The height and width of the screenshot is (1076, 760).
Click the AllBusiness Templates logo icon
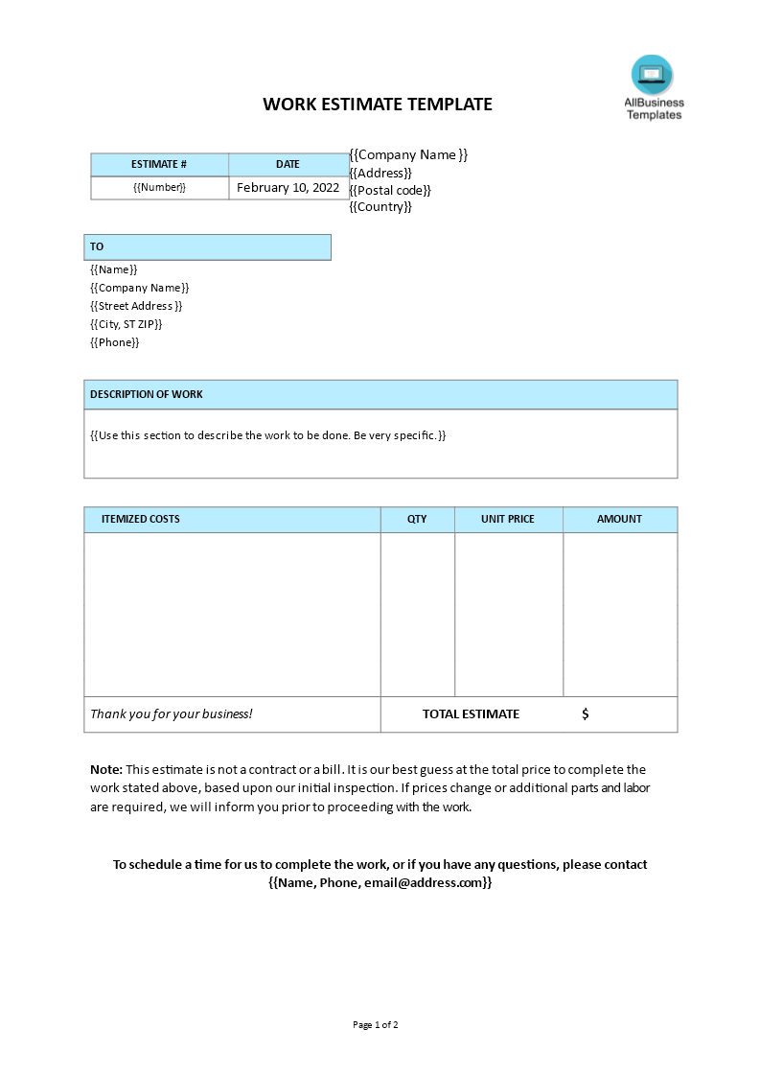click(653, 76)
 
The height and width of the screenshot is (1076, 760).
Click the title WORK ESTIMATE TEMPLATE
click(378, 105)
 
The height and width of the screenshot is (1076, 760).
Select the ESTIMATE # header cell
click(159, 164)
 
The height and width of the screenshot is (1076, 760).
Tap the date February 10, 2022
click(288, 188)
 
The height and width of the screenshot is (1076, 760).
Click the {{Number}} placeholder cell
click(159, 188)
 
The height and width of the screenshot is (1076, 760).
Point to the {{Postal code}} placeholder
click(390, 190)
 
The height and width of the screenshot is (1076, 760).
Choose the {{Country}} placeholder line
click(380, 207)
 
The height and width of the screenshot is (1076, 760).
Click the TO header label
click(97, 246)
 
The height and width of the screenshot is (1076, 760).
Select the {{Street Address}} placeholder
click(136, 306)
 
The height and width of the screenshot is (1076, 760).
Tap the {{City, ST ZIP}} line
click(127, 324)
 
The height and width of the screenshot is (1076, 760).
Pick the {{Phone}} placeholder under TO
click(115, 342)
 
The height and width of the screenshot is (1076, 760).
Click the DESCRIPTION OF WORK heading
click(147, 394)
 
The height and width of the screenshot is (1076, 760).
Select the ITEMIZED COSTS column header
click(141, 519)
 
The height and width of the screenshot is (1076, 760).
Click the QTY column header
click(417, 519)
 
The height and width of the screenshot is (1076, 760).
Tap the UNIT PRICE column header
click(508, 519)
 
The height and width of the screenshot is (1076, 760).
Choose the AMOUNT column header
click(619, 519)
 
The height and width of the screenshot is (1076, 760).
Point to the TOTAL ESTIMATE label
click(471, 714)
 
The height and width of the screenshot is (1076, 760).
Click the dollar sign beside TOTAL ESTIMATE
click(586, 714)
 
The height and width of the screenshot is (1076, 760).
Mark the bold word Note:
click(106, 769)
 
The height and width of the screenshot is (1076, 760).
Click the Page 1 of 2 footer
click(376, 1025)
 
